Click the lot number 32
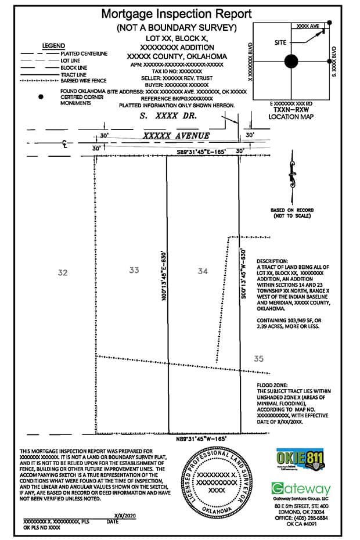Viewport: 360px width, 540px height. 63,272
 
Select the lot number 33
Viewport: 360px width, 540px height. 134,270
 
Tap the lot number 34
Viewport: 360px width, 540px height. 203,271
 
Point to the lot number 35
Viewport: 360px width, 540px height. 258,359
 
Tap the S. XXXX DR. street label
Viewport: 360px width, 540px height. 169,116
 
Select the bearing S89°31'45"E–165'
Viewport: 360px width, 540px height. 201,152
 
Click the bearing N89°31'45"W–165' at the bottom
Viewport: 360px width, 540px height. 201,439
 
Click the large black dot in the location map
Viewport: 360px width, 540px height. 291,61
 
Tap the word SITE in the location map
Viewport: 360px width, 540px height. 282,43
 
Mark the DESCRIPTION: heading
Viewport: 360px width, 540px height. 272,262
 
